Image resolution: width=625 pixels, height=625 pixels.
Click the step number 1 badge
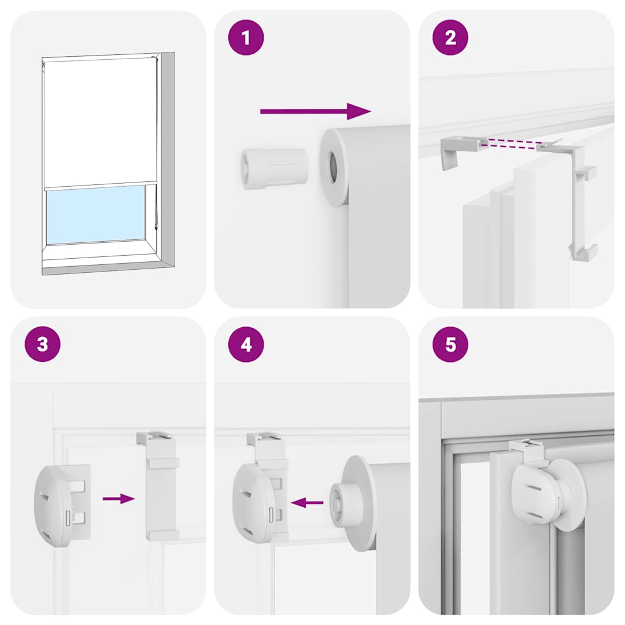point(246,38)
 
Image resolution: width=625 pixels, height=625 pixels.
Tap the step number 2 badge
point(450,38)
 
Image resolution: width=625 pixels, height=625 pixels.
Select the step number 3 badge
point(42,344)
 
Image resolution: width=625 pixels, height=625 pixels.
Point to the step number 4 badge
point(246,344)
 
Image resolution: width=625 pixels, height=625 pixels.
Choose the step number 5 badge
point(450,344)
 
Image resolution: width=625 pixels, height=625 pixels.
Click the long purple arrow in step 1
point(315,111)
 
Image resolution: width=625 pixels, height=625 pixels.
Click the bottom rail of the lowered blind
point(101,186)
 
